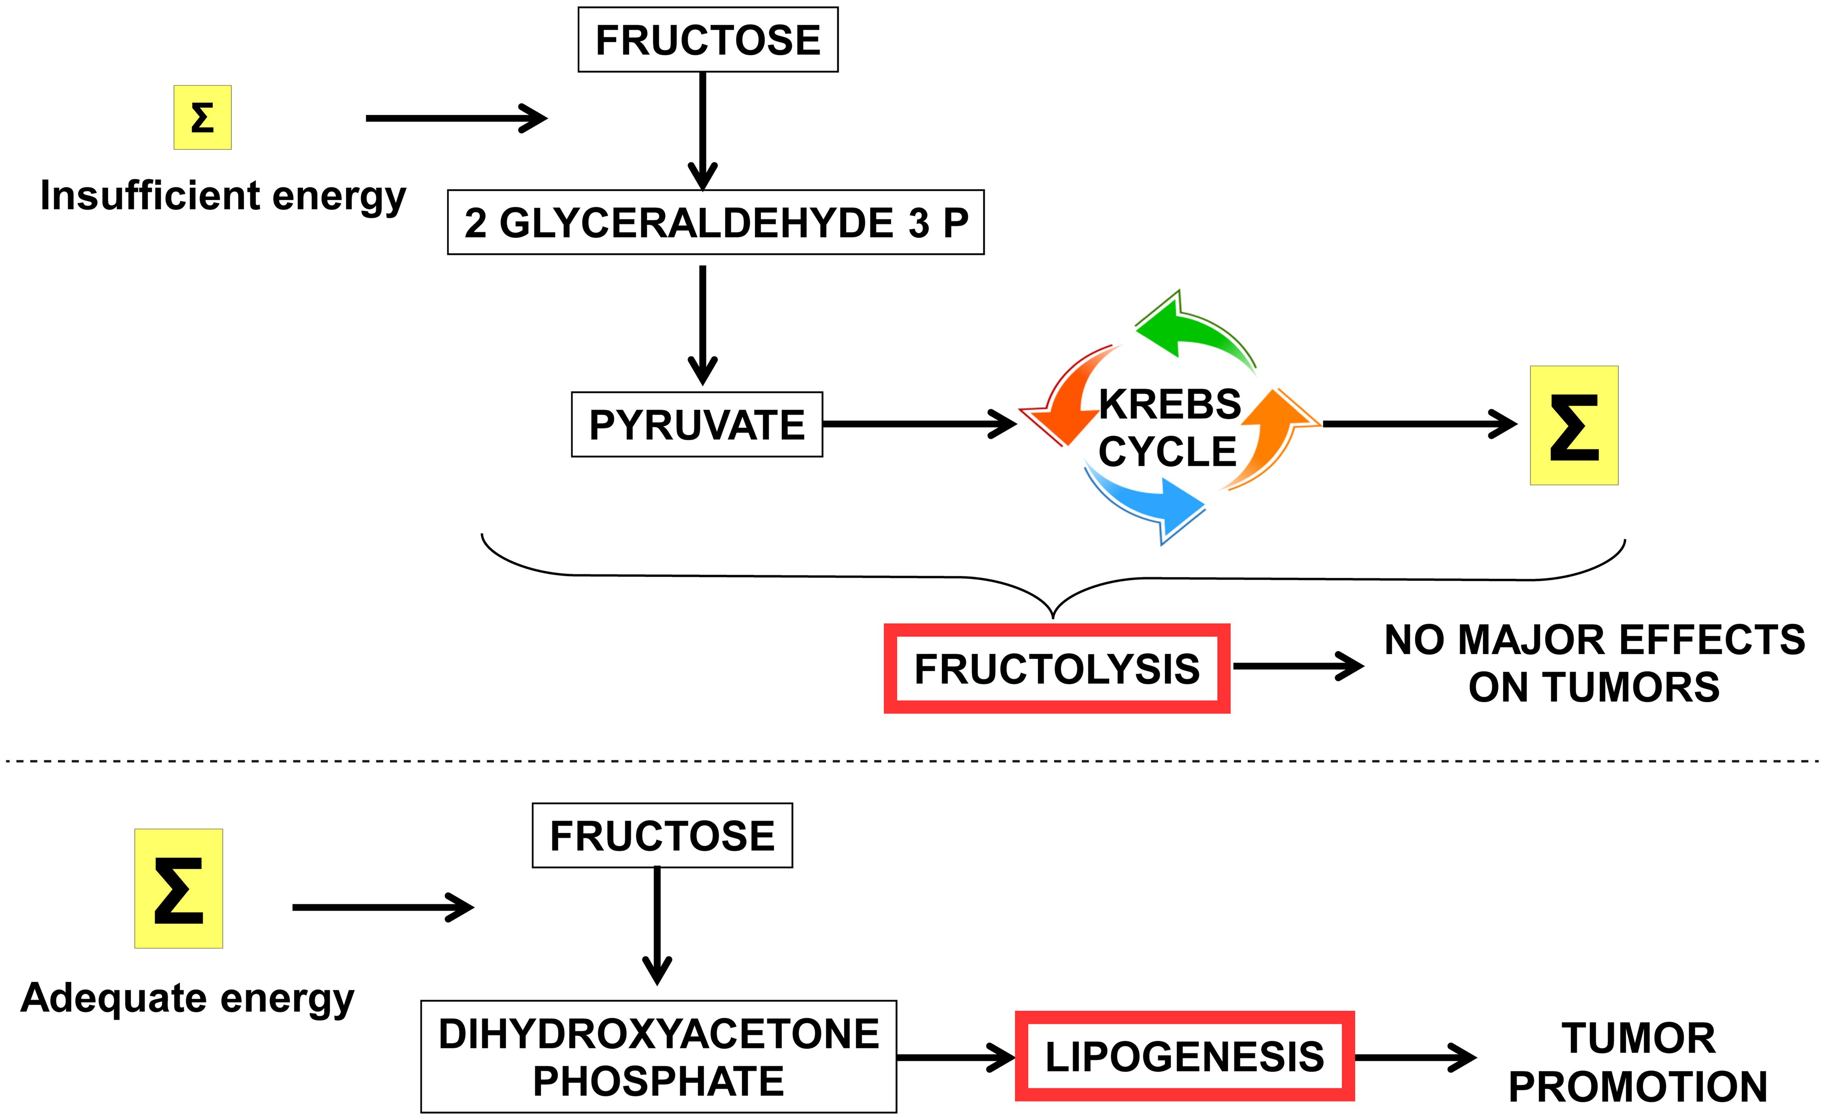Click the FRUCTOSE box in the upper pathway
tap(707, 40)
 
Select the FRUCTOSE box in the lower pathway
tap(662, 836)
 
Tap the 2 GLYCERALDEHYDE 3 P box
tap(715, 222)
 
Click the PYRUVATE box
tap(696, 424)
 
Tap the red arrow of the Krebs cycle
tap(1067, 400)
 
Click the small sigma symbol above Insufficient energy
tap(202, 118)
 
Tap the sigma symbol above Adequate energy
tap(178, 889)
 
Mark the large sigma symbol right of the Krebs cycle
tap(1574, 426)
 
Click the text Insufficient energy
tap(223, 196)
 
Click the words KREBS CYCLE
tap(1169, 428)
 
